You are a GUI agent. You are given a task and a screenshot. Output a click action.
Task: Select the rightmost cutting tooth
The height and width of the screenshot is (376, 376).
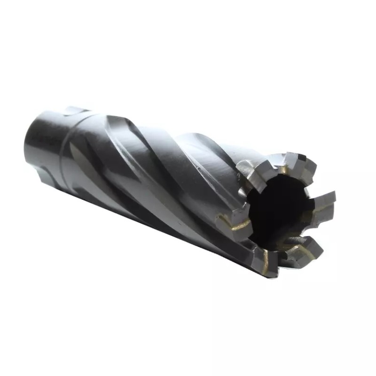[x=324, y=200]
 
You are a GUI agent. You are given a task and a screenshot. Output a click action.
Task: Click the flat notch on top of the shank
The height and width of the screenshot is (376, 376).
[x=75, y=112]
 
